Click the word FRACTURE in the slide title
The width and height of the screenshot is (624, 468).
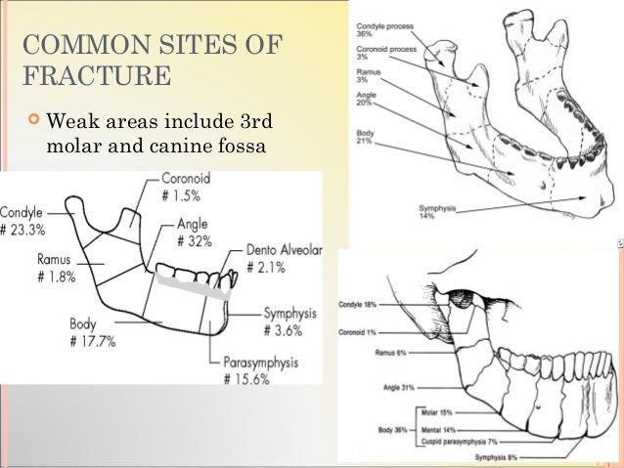pyautogui.click(x=97, y=75)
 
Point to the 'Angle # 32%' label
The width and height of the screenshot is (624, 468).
pyautogui.click(x=195, y=232)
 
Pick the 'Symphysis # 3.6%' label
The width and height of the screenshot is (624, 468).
pyautogui.click(x=291, y=321)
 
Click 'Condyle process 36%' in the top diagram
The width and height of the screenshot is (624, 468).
pyautogui.click(x=383, y=32)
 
